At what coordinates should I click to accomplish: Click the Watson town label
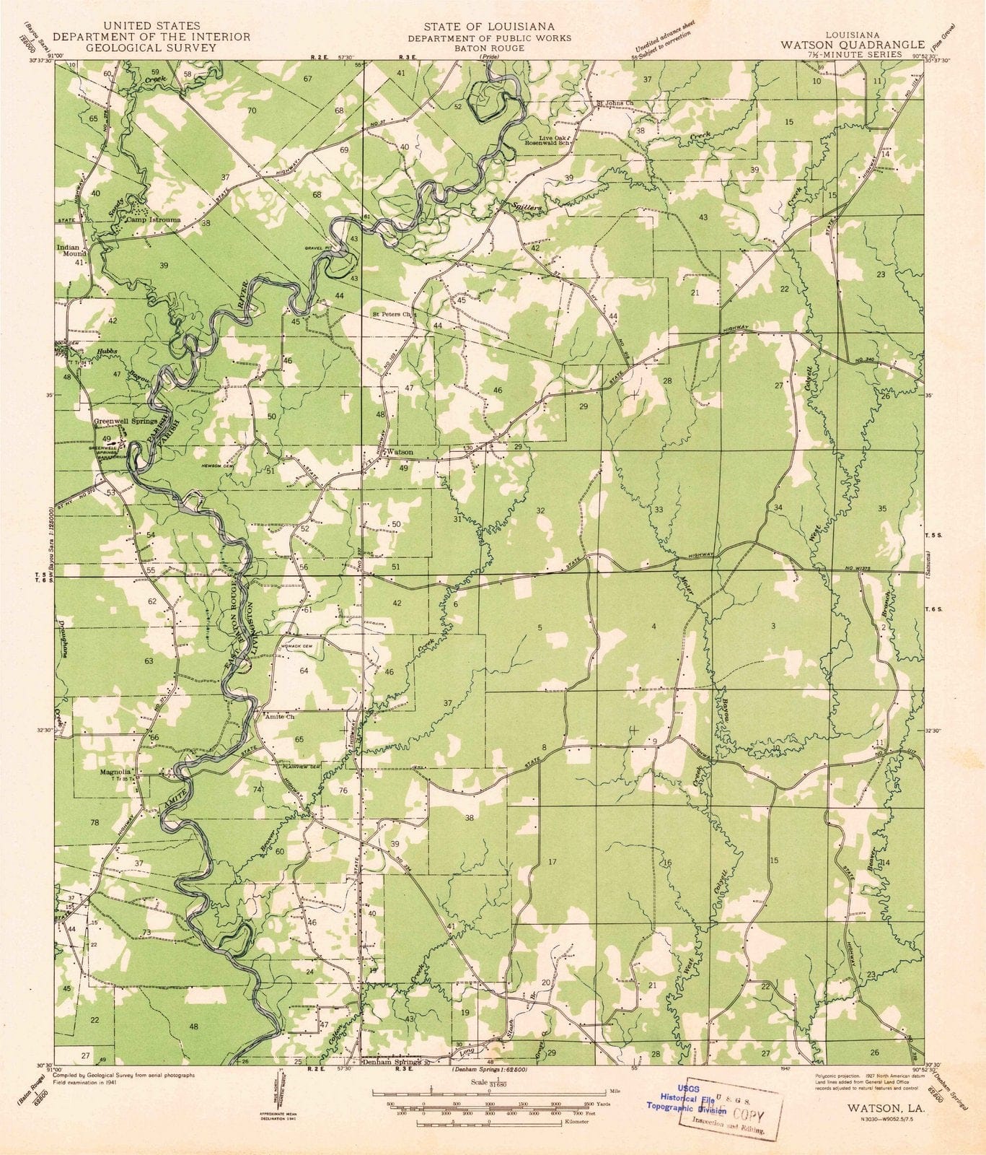pyautogui.click(x=401, y=452)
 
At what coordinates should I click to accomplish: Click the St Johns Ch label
pyautogui.click(x=614, y=103)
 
